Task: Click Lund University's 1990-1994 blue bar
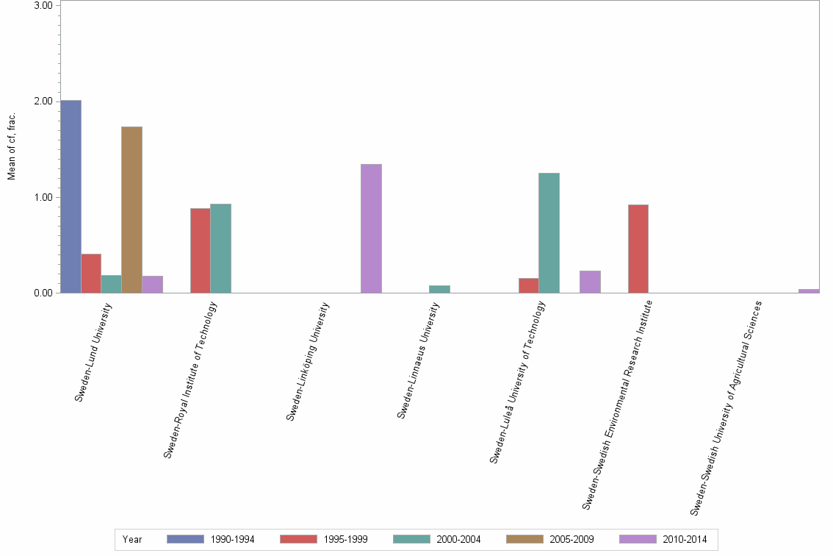71,196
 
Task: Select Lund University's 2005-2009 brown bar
131,210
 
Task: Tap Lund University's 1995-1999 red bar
91,273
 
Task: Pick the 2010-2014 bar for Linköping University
371,228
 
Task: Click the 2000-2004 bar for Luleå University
549,232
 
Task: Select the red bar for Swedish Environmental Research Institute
638,249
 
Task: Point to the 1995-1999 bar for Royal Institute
200,250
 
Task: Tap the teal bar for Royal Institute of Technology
220,248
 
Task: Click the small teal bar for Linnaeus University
439,289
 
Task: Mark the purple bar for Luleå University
590,282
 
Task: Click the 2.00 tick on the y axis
46,101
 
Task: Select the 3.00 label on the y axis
46,6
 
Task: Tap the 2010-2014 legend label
685,539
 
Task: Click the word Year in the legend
132,539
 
